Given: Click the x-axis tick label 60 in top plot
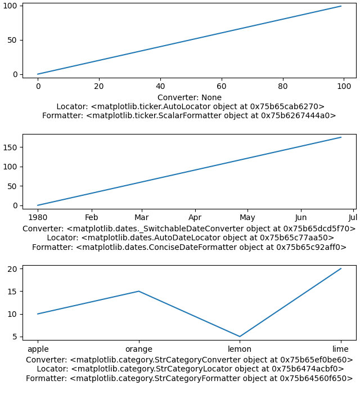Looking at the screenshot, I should (222, 87).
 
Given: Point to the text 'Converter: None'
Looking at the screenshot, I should (190, 97).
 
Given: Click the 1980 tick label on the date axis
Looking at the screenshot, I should (38, 218).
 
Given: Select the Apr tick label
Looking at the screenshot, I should (195, 218).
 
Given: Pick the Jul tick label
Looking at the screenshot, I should (353, 218).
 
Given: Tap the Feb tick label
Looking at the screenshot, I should (91, 218).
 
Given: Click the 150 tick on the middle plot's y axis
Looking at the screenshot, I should (13, 147).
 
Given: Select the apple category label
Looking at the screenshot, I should (38, 349).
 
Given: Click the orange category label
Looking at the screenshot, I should (138, 349).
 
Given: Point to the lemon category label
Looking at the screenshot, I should (240, 349).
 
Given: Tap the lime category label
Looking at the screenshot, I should (340, 349).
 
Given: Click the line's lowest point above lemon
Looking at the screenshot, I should (240, 337).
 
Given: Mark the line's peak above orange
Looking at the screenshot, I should (138, 291).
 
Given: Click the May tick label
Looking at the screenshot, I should (247, 218).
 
